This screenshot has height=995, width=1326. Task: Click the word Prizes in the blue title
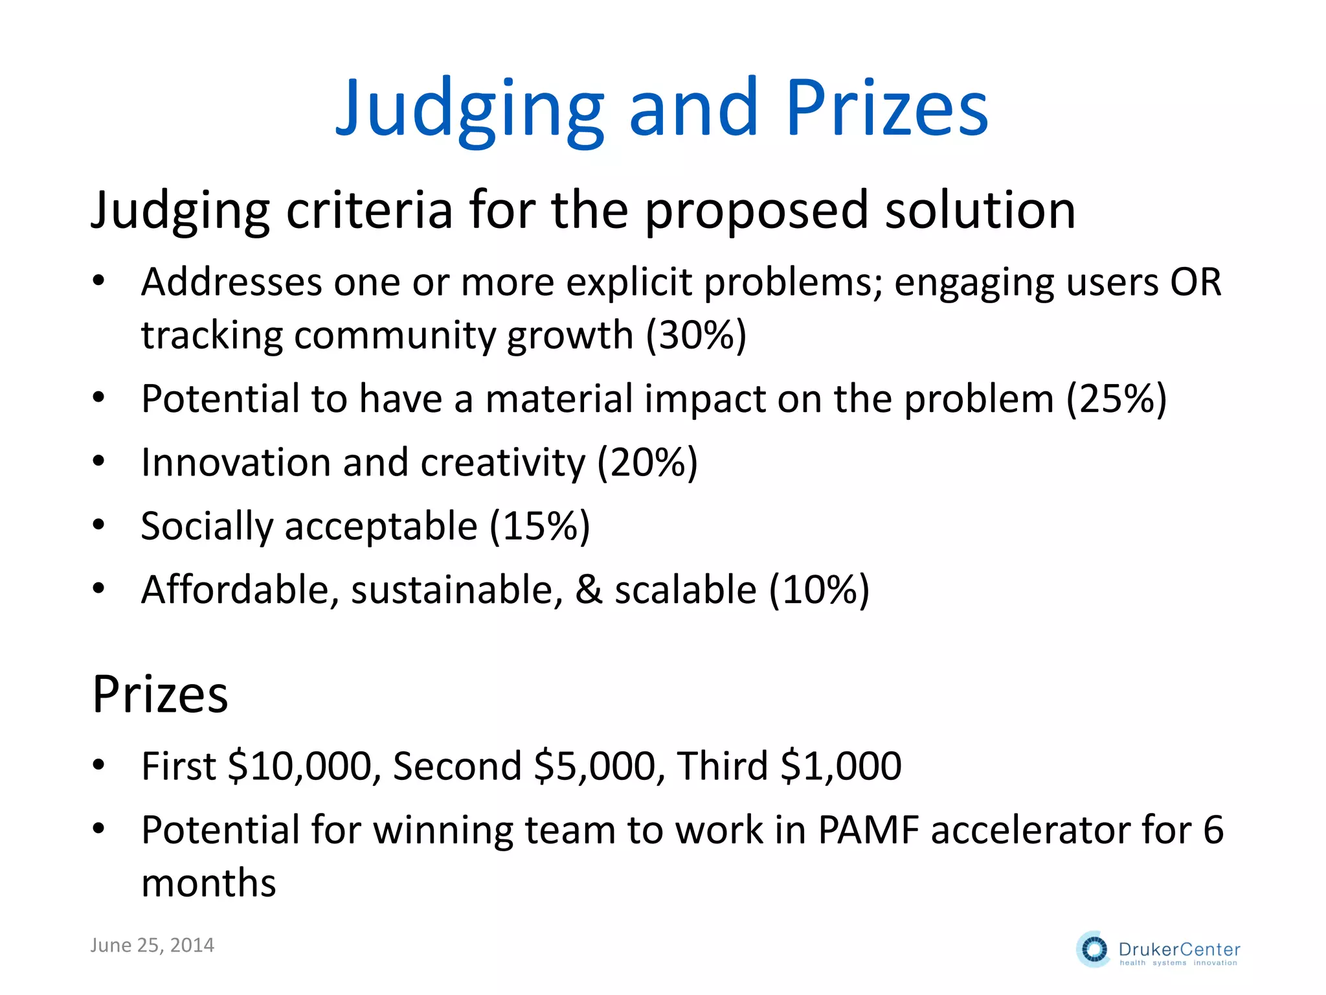887,109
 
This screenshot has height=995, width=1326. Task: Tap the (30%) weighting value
697,336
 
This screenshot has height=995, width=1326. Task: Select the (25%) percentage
1116,398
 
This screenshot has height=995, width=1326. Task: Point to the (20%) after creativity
647,463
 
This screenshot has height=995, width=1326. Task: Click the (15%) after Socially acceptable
539,526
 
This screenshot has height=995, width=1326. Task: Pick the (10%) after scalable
819,590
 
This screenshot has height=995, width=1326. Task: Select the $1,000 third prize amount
841,766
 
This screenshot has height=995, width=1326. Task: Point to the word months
208,884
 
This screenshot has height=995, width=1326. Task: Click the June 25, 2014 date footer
152,946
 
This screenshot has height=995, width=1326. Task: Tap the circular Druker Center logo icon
1094,950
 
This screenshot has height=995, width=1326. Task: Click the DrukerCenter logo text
1179,950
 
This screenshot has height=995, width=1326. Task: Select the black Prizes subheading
160,694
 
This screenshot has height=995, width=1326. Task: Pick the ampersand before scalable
589,590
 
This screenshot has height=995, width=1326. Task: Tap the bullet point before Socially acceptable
98,524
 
